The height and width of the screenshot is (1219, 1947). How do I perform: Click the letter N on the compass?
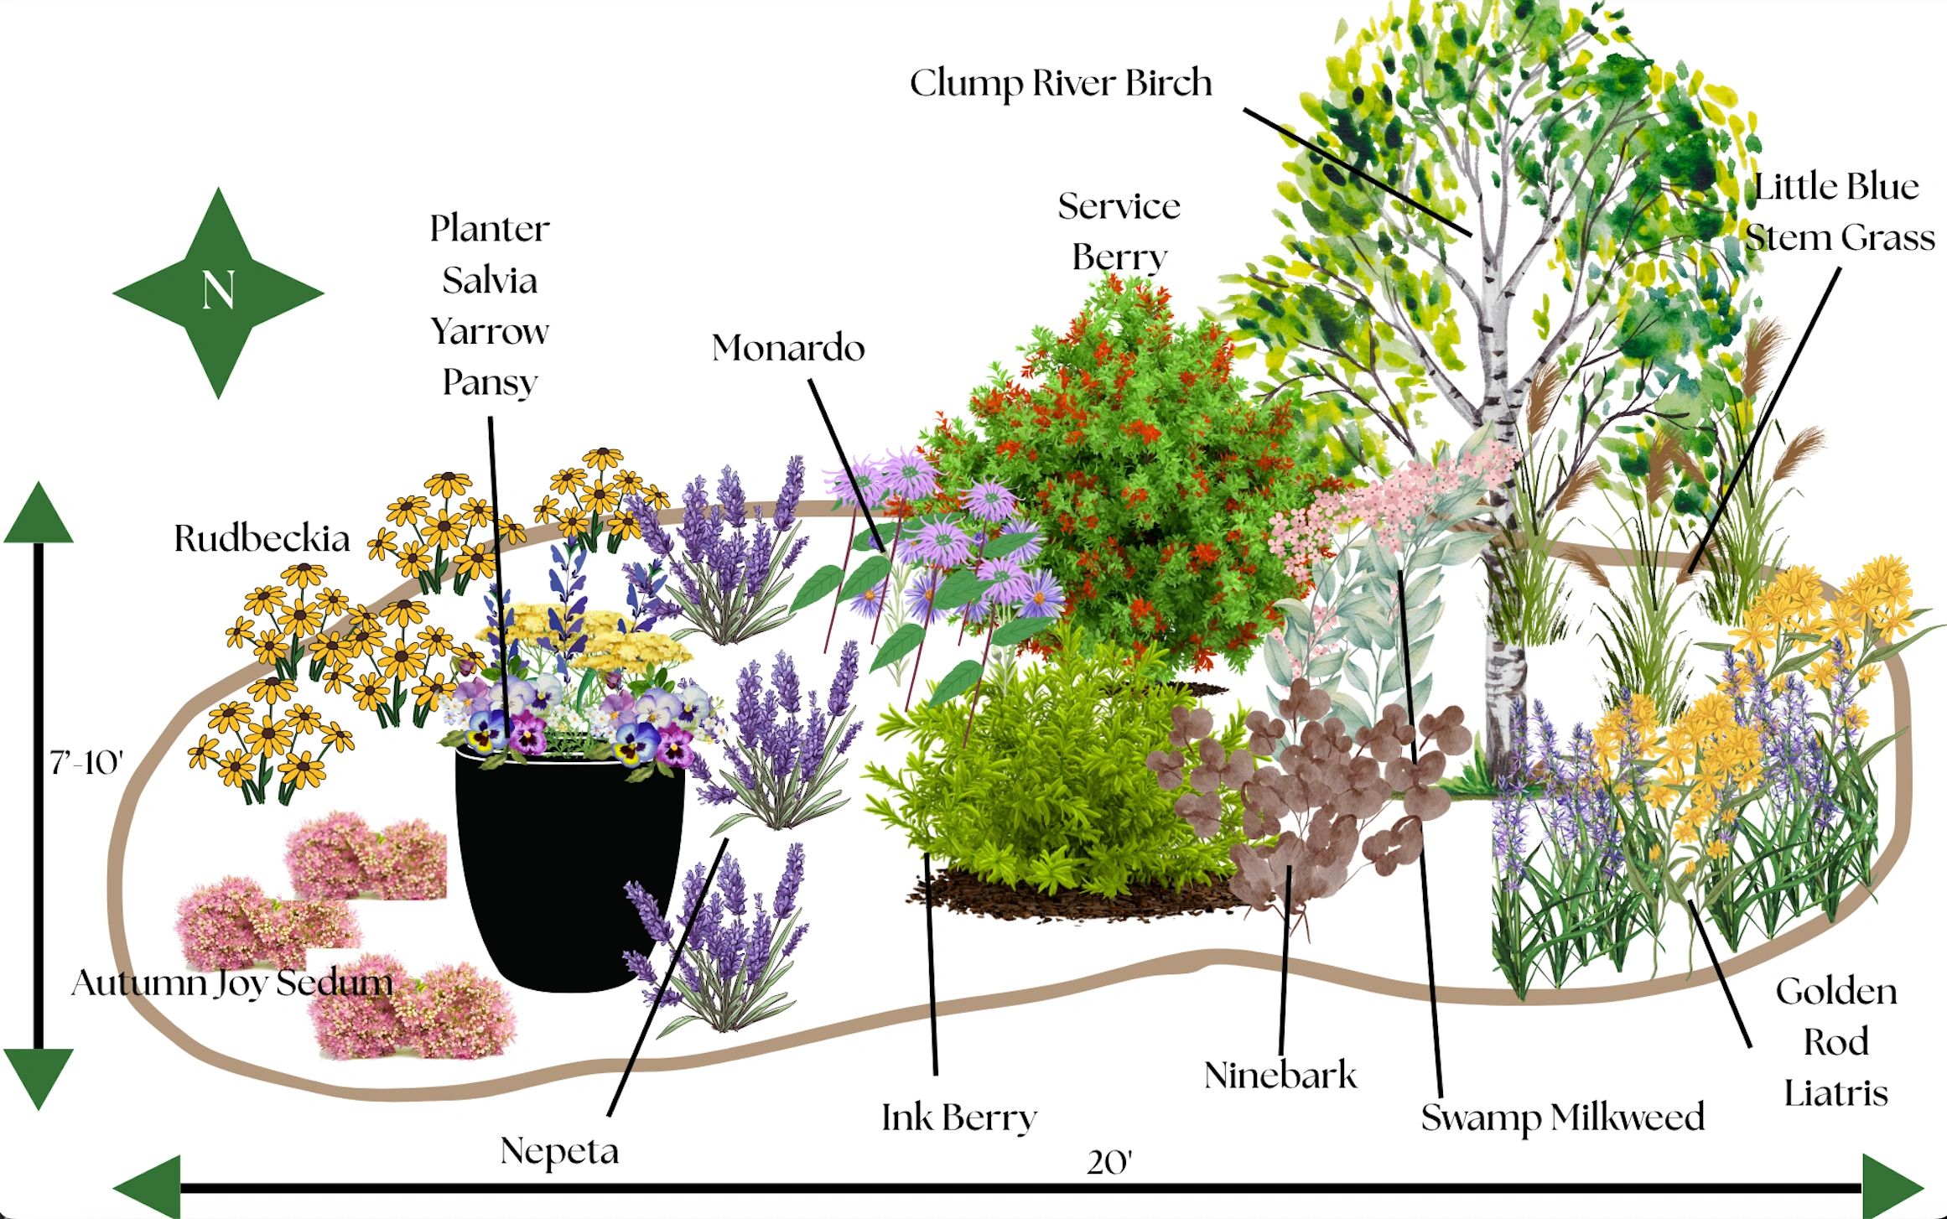pos(218,292)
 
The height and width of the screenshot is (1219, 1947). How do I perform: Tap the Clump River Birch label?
pos(1061,84)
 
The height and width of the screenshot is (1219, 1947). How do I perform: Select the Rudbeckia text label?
pos(262,538)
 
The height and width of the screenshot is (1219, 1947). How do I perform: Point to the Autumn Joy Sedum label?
pos(232,983)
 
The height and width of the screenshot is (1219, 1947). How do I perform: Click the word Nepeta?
pos(559,1151)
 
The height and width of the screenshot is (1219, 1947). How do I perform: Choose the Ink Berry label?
pos(959,1118)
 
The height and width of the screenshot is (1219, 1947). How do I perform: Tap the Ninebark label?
pos(1280,1076)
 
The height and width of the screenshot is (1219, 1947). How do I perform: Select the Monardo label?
pos(788,348)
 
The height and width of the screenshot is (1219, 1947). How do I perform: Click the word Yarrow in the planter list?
pos(490,332)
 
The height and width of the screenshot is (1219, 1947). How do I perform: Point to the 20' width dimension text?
pos(1109,1162)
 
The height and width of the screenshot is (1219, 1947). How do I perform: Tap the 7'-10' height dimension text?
pos(86,763)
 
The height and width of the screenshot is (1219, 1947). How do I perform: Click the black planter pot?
pos(569,868)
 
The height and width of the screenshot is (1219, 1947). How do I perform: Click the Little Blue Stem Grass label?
pos(1840,212)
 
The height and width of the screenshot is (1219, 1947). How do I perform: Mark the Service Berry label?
pos(1119,231)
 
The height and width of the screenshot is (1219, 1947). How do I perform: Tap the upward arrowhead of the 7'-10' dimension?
pos(39,512)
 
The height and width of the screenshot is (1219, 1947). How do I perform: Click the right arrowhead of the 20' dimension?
pos(1892,1186)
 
